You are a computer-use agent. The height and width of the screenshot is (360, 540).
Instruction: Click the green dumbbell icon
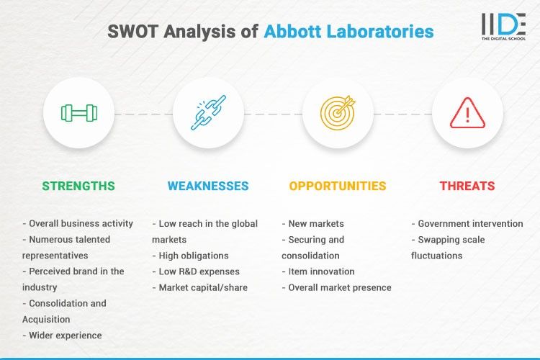(x=78, y=113)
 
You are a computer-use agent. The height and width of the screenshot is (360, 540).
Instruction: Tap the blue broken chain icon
(x=208, y=113)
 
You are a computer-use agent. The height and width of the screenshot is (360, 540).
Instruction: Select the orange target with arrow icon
(x=338, y=113)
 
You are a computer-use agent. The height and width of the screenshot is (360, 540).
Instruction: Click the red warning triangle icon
(x=467, y=113)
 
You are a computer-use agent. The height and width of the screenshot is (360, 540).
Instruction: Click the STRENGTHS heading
(x=78, y=186)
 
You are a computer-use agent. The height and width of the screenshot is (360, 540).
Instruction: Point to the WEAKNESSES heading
(x=208, y=186)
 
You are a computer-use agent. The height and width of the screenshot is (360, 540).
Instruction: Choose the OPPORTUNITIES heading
(x=338, y=186)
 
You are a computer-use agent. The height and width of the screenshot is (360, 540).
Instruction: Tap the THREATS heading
(x=467, y=186)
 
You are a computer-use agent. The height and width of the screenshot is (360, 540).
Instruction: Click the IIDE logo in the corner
(x=503, y=27)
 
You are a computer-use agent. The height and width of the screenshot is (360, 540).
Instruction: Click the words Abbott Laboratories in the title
(x=348, y=32)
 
